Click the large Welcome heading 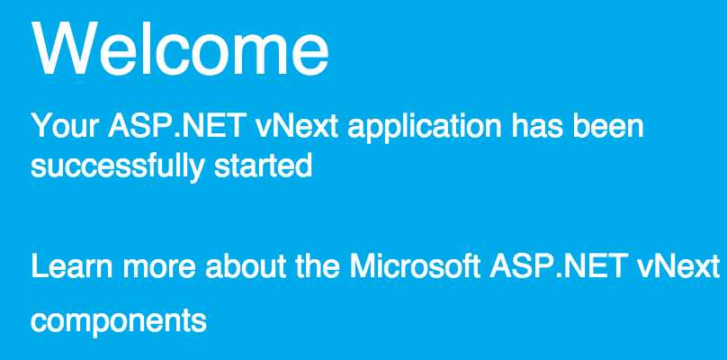coord(180,48)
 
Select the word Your coord(65,125)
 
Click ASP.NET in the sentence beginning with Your coord(175,125)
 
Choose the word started coord(263,166)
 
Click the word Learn coord(72,265)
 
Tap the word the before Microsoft coord(317,265)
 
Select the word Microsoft coord(415,265)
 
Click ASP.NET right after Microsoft coord(557,265)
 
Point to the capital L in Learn coord(40,266)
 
